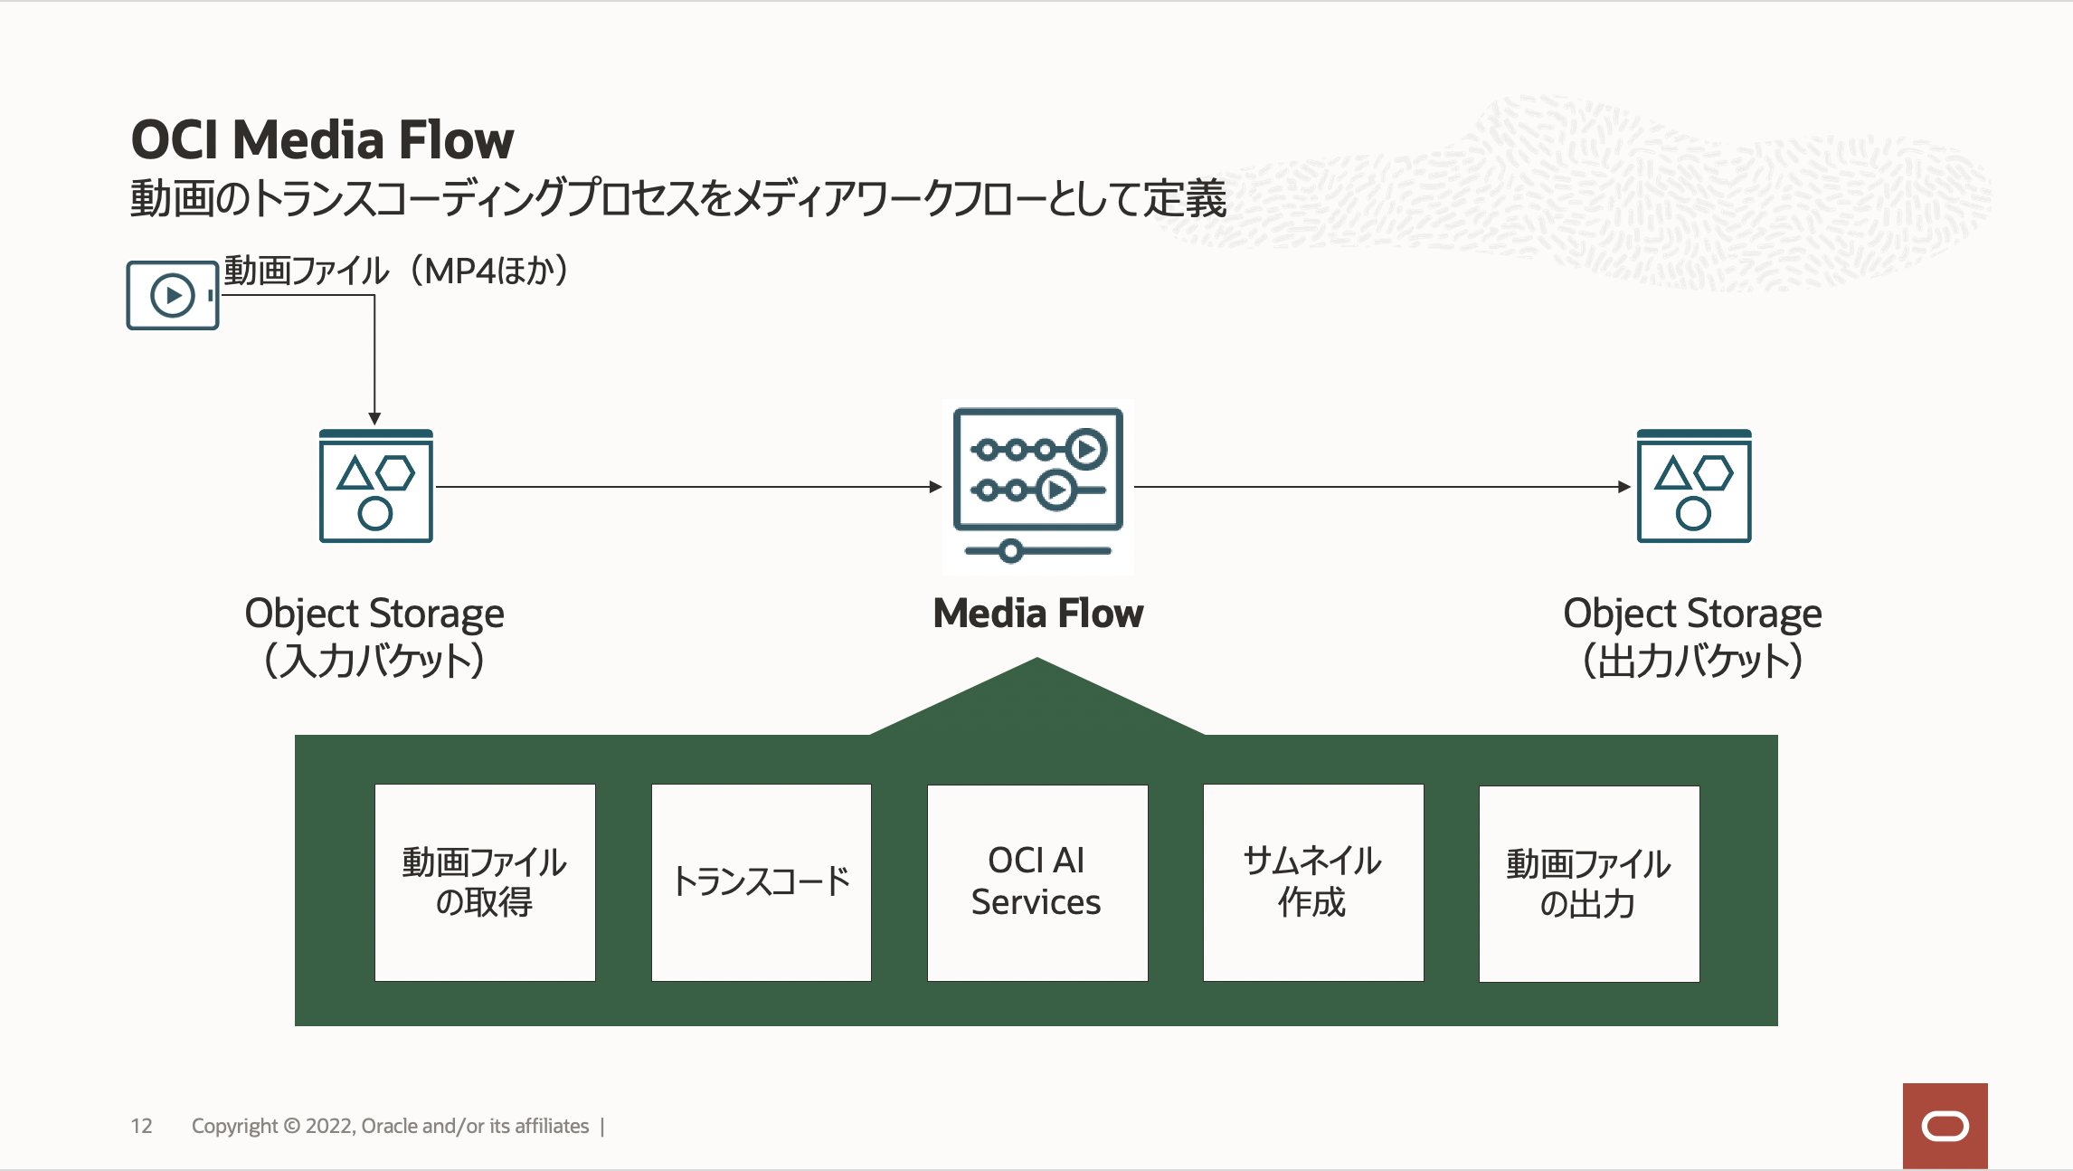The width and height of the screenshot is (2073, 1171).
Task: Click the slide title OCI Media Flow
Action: point(322,140)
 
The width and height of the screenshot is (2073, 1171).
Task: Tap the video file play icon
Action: point(173,295)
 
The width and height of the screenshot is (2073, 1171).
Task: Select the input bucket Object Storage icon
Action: point(375,487)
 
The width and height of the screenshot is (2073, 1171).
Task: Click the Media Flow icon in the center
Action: point(1037,486)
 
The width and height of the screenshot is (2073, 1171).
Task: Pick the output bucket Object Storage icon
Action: point(1693,487)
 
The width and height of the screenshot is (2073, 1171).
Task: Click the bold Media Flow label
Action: point(1037,614)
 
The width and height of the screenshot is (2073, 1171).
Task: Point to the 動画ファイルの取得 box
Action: point(485,882)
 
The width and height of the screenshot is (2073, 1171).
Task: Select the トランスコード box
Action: point(762,882)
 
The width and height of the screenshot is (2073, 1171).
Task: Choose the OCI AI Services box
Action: point(1037,882)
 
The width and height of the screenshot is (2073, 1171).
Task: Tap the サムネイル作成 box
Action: point(1313,882)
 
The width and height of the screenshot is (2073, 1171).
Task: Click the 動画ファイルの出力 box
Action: point(1589,883)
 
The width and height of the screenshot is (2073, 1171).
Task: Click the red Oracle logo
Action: point(1945,1126)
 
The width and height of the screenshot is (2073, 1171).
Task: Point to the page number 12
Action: point(141,1126)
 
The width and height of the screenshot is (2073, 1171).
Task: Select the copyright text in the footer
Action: point(390,1126)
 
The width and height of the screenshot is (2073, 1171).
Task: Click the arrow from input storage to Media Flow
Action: point(687,487)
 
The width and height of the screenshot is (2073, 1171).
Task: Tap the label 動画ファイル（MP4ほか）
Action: point(396,271)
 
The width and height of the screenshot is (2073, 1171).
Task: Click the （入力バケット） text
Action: point(374,661)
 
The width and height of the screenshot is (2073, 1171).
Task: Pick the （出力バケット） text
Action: point(1692,661)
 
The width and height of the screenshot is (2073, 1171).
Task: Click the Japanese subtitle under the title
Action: point(678,198)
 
